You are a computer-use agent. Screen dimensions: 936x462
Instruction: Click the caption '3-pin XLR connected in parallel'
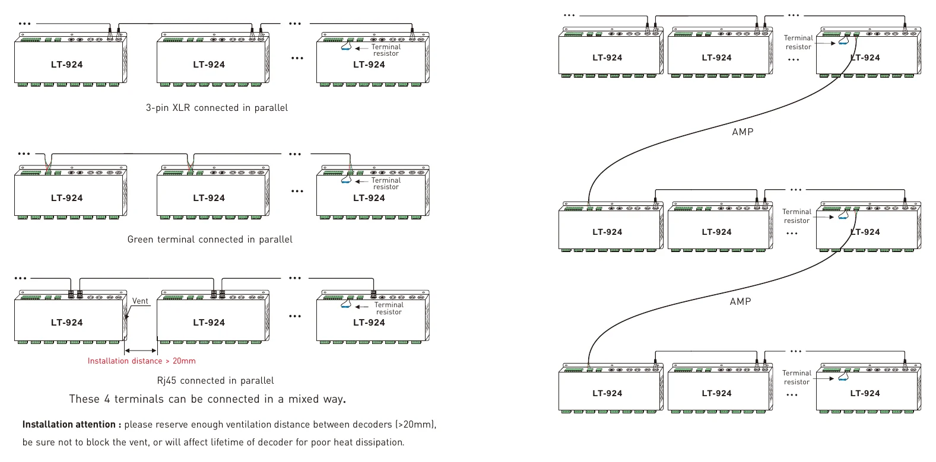(x=217, y=108)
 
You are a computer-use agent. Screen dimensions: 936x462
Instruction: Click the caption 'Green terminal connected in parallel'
(x=210, y=240)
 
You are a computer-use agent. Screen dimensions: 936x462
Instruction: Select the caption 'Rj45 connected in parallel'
(x=215, y=381)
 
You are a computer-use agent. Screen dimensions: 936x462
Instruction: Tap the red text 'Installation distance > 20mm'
(x=142, y=361)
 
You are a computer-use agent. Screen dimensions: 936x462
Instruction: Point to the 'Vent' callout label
(x=140, y=301)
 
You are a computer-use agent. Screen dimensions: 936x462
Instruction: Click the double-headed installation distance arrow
(x=141, y=351)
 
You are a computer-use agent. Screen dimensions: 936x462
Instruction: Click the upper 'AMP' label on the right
(x=743, y=132)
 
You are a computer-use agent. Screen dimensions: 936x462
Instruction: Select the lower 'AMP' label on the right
(x=741, y=301)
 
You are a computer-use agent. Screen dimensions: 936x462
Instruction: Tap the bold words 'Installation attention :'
(x=71, y=425)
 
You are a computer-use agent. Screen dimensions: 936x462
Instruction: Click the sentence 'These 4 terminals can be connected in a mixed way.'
(x=207, y=399)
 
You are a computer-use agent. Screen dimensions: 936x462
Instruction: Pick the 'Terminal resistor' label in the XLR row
(x=386, y=50)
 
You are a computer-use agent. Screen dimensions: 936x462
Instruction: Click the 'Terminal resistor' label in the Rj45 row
(x=389, y=308)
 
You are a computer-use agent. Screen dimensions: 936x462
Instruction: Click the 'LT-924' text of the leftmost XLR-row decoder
(x=67, y=65)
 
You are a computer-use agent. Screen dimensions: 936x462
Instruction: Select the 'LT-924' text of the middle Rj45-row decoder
(x=209, y=323)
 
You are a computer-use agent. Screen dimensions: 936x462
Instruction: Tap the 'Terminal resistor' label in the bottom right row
(x=797, y=377)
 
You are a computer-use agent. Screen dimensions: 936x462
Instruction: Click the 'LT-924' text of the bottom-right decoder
(x=865, y=394)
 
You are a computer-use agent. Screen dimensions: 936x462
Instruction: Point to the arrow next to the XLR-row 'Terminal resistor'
(x=362, y=49)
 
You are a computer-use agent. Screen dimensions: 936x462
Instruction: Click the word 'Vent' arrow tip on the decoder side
(x=126, y=318)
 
